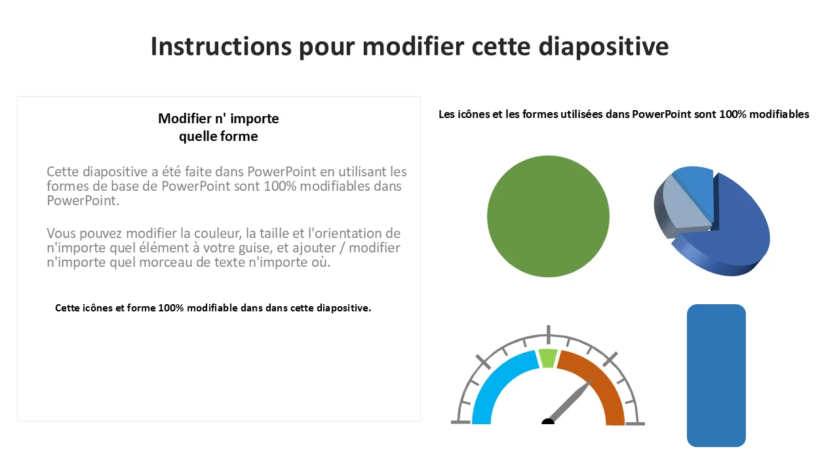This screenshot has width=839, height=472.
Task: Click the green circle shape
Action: [x=548, y=216]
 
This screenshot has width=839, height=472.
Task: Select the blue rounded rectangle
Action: [x=716, y=375]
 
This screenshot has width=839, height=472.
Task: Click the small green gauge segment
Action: [x=547, y=358]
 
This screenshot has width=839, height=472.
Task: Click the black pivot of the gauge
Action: [x=548, y=422]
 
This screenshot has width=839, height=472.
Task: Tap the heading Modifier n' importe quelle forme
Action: [x=218, y=127]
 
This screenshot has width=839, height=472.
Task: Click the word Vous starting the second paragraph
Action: [x=64, y=233]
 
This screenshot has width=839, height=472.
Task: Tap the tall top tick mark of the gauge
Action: [x=548, y=332]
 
